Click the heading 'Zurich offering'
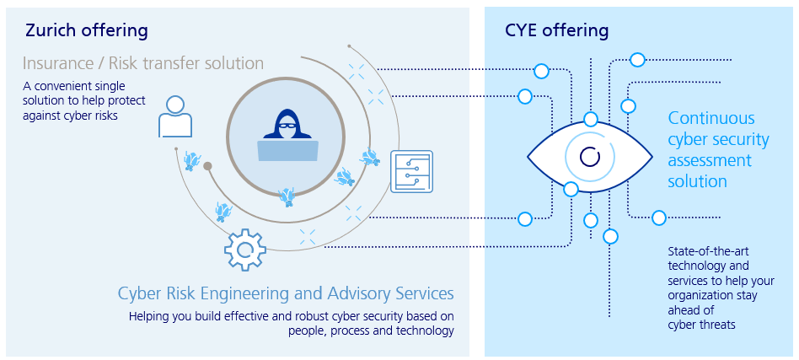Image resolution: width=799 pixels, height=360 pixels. pos(87,30)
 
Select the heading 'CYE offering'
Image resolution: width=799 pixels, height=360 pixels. pos(556,30)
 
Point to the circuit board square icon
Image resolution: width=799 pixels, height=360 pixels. pos(413,171)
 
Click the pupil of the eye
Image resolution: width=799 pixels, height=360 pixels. pos(590,157)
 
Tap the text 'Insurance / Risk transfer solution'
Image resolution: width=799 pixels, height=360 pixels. pos(143,63)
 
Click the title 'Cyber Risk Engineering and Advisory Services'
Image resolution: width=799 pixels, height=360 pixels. pos(286,293)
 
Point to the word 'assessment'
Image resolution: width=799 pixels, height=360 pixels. pos(710,160)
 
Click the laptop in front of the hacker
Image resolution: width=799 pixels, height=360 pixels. pos(288,151)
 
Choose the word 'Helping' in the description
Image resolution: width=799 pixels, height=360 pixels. pos(150,316)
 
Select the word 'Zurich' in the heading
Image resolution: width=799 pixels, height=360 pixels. pos(51,30)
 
